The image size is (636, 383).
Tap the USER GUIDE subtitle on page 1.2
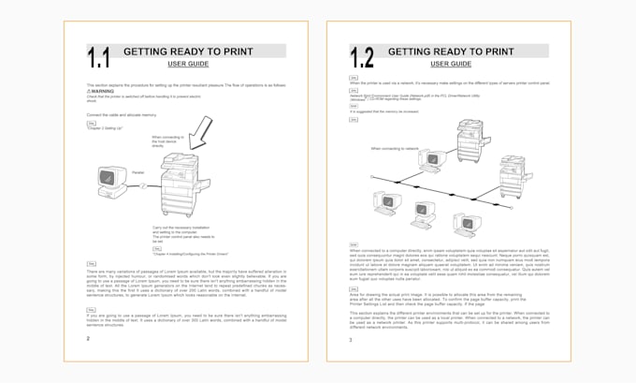coord(450,64)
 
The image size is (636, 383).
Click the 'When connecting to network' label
coord(395,148)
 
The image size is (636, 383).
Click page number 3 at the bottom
coord(351,339)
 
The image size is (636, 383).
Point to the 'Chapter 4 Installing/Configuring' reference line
coord(191,252)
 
